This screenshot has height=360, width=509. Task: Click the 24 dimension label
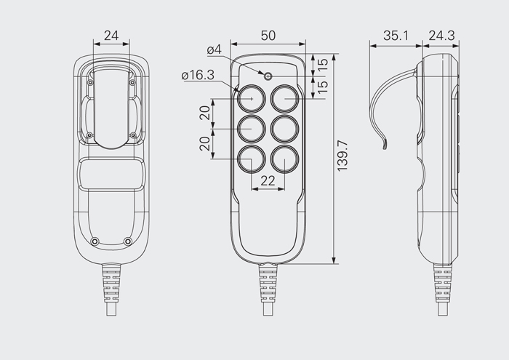(x=111, y=36)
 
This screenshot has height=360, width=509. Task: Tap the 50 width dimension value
(x=268, y=36)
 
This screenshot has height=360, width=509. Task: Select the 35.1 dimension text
(x=396, y=36)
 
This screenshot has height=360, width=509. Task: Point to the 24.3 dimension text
(x=441, y=36)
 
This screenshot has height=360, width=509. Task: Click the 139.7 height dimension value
(x=342, y=156)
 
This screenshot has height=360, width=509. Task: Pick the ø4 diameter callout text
(x=215, y=49)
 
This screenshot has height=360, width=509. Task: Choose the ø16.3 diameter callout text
(x=198, y=75)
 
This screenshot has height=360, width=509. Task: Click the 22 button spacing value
(x=268, y=181)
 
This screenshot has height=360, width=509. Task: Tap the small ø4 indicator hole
(x=268, y=76)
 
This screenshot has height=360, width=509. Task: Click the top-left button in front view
(x=252, y=98)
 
